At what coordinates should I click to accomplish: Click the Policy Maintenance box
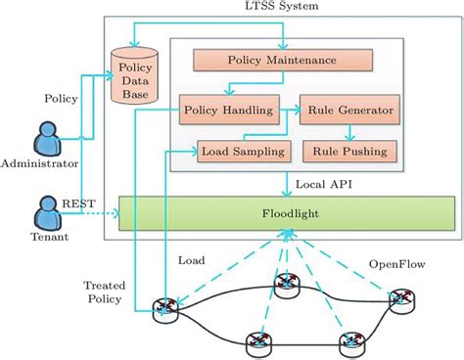pos(282,61)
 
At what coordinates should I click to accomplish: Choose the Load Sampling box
pos(242,151)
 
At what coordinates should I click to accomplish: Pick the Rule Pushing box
pos(350,151)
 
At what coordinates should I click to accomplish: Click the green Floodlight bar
pos(286,212)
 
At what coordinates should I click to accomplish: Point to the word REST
pos(77,203)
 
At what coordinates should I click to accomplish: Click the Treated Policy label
pos(104,291)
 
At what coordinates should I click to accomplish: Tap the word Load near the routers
pos(191,261)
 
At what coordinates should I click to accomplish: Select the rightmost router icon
pos(400,300)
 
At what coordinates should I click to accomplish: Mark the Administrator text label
pos(40,164)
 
